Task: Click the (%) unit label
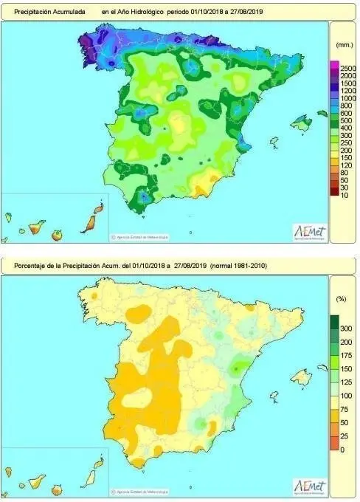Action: (341, 300)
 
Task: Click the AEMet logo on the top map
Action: (310, 231)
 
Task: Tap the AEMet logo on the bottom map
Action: (310, 486)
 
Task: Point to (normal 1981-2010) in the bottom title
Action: (246, 265)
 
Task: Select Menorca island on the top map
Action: (322, 113)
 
